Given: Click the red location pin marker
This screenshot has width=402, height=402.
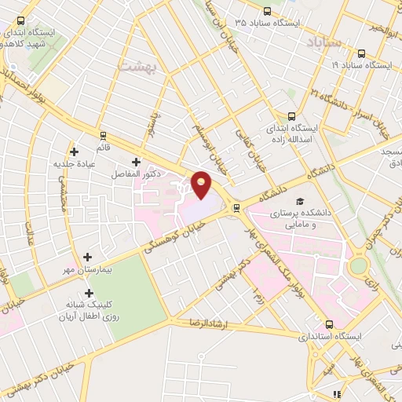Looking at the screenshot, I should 203,184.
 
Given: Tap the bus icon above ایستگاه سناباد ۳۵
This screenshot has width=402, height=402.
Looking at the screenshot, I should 268,11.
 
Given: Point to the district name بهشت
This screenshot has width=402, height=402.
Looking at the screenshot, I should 137,67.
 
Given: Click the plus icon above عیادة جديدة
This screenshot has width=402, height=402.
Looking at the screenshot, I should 74,152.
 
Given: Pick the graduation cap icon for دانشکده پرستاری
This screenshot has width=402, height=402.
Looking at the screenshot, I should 299,202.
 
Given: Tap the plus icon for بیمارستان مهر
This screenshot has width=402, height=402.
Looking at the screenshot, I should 86,257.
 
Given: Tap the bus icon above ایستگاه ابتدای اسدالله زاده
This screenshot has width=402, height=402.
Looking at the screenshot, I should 292,115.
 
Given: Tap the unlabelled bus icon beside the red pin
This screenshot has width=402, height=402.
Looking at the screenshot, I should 236,207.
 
